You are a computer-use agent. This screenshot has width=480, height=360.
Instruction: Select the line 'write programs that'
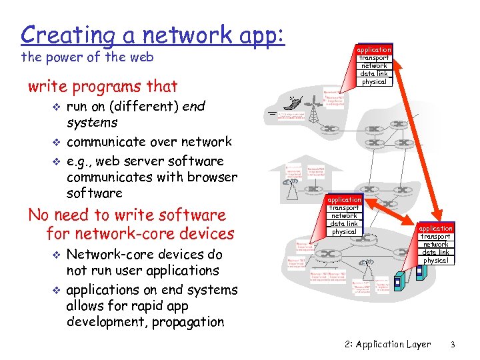coord(103,86)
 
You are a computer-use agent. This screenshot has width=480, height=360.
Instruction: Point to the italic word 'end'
coord(193,106)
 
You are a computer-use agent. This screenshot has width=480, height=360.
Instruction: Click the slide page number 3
coord(452,345)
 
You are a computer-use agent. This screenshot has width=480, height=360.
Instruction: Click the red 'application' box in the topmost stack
coord(373,49)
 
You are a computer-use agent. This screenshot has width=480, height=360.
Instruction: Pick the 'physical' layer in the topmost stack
coord(373,82)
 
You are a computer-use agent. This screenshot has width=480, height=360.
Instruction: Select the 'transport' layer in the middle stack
coord(345,208)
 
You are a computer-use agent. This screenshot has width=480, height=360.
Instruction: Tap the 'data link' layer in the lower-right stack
coord(435,253)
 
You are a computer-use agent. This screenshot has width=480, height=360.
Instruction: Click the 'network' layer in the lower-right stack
coord(435,245)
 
